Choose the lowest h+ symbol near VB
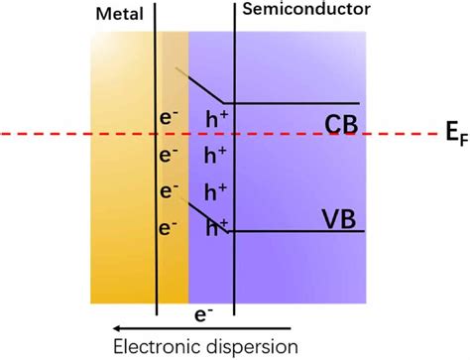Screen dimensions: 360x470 215,228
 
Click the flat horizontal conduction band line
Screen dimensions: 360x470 297,102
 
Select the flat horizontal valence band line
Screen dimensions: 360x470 297,232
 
